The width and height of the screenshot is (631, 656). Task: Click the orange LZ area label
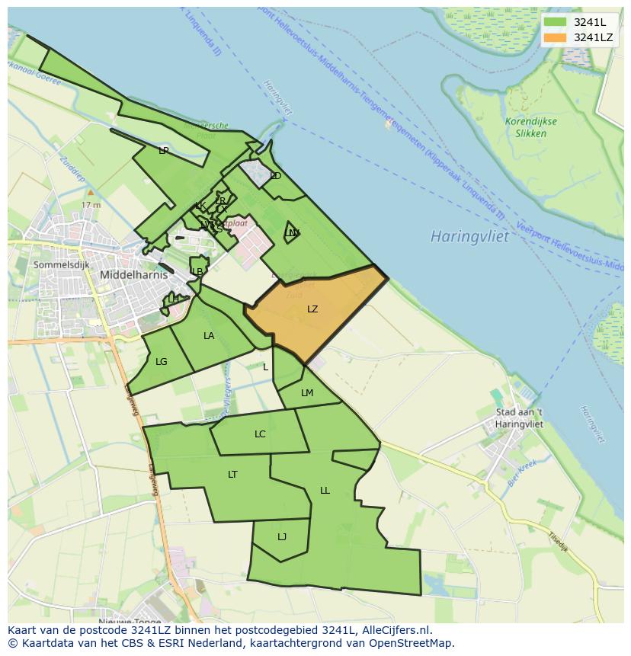(x=312, y=309)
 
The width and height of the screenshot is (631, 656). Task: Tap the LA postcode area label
(x=209, y=336)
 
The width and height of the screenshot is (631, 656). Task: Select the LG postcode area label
(x=161, y=362)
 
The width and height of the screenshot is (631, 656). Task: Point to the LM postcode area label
(x=307, y=393)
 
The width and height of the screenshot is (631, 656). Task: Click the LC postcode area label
(x=260, y=434)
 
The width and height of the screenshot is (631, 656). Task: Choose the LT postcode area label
(x=232, y=475)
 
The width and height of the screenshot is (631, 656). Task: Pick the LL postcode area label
(x=325, y=491)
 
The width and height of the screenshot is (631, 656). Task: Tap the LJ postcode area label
(x=282, y=537)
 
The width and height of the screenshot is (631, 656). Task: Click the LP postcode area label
(x=163, y=151)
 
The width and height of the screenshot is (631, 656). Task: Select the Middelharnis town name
(x=133, y=275)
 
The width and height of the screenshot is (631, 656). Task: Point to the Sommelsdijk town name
(x=61, y=264)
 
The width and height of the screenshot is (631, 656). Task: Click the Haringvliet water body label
(x=469, y=236)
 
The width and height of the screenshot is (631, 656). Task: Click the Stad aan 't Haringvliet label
(x=519, y=418)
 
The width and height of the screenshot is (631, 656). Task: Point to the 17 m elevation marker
(x=91, y=203)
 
